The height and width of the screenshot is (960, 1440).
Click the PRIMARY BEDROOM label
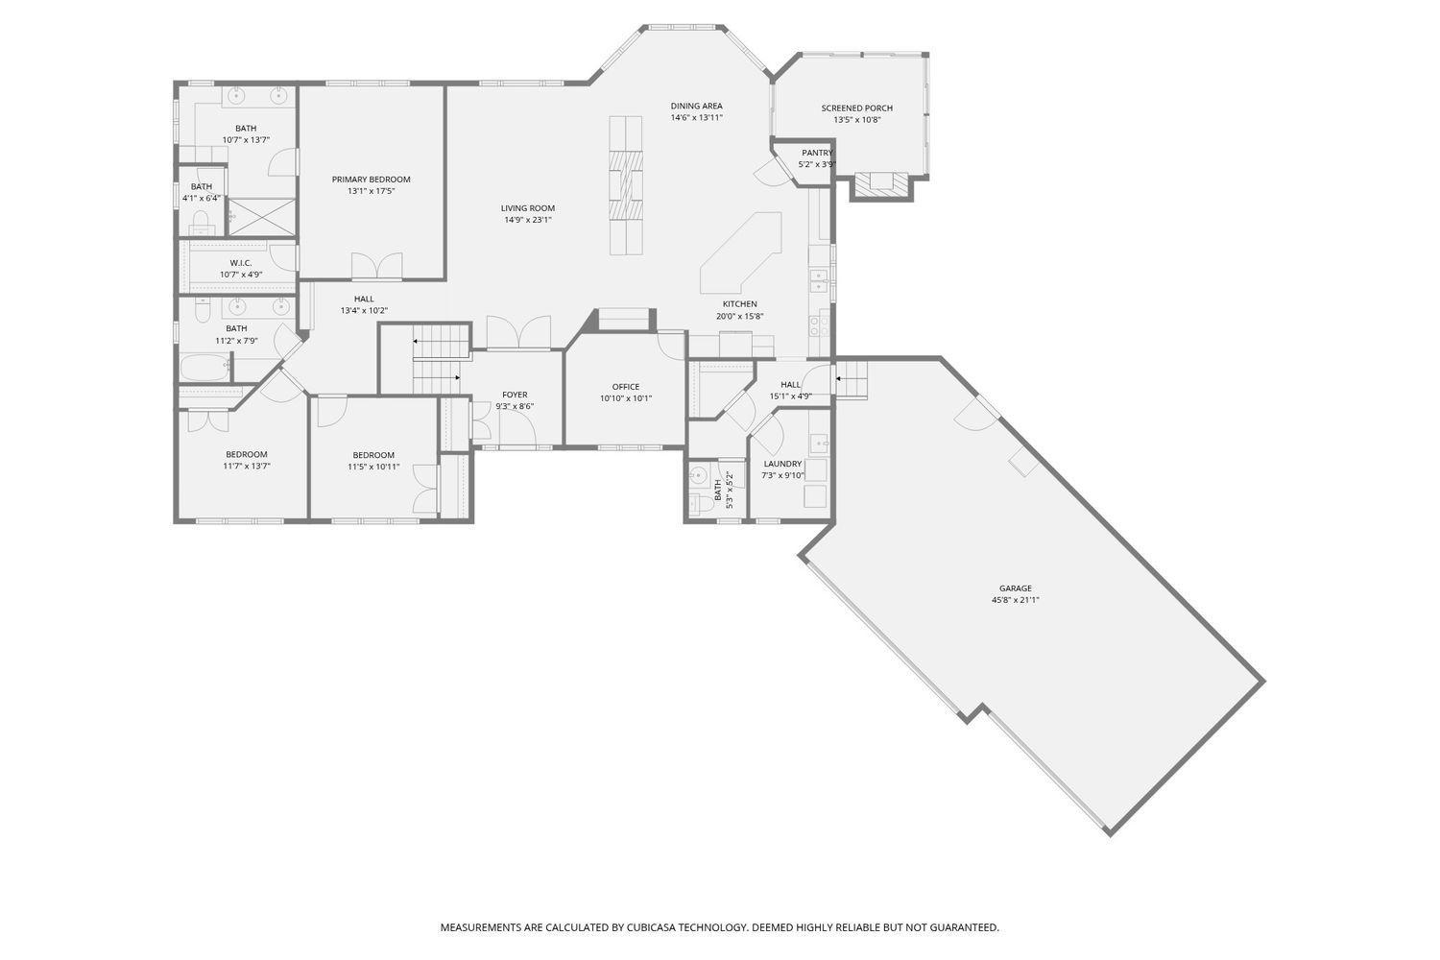(x=371, y=180)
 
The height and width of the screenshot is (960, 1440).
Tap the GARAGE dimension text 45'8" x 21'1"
(x=1015, y=600)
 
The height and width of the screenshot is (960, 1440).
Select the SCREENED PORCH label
(x=857, y=108)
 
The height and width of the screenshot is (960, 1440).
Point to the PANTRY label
(x=817, y=153)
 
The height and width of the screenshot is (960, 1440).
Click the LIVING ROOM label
(x=528, y=208)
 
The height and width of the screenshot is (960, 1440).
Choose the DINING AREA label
(x=697, y=107)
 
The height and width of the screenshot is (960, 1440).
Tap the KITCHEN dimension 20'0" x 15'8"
(x=740, y=317)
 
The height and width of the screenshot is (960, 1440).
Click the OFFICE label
(x=626, y=387)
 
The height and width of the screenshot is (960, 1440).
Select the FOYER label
(x=515, y=395)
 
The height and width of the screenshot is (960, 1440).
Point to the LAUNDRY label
(x=783, y=464)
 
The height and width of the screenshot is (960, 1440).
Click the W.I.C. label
(x=241, y=263)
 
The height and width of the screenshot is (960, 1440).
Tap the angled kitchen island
(x=740, y=252)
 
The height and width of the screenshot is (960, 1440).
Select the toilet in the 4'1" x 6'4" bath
(x=201, y=223)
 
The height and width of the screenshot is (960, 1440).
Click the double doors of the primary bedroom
(x=376, y=266)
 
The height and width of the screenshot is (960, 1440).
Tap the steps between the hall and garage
(x=852, y=379)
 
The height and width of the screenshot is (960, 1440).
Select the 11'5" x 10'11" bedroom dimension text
(x=373, y=467)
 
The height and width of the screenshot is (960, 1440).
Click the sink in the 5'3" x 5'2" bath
(x=698, y=476)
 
